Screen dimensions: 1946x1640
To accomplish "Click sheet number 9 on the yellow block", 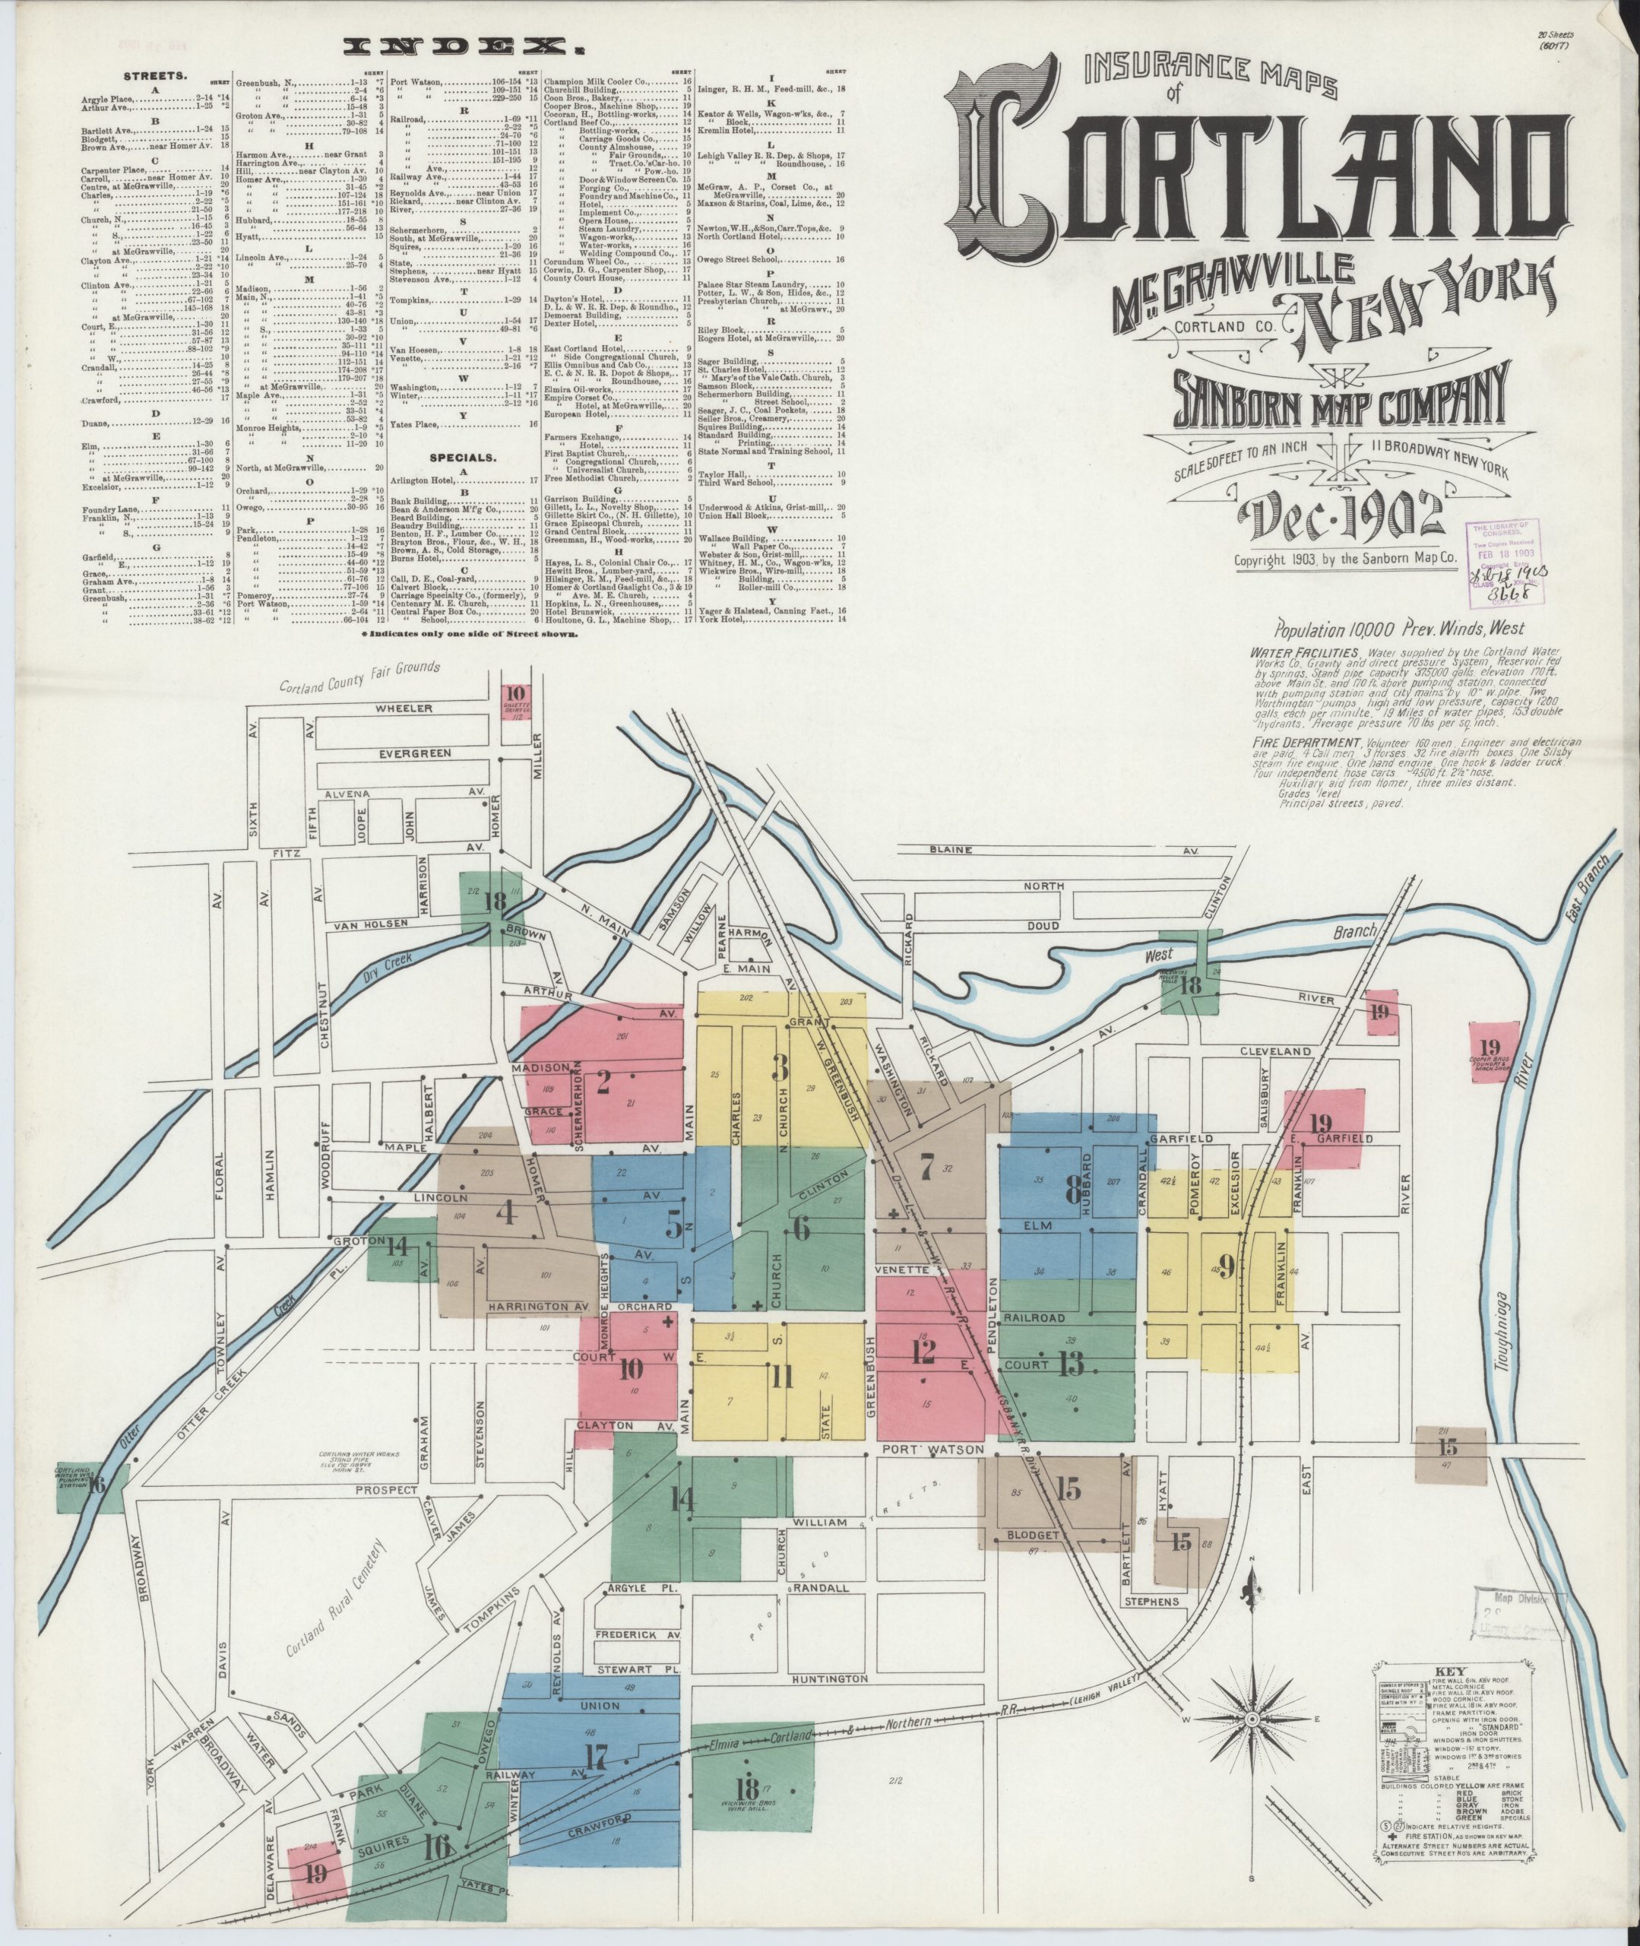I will pos(1227,1266).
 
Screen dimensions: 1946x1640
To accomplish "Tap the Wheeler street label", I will pos(404,708).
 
